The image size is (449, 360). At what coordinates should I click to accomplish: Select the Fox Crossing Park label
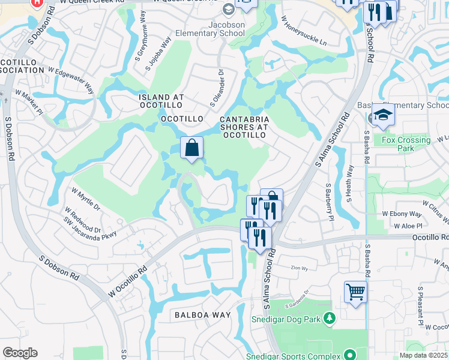point(406,144)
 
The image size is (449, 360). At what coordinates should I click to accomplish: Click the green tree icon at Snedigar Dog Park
point(328,317)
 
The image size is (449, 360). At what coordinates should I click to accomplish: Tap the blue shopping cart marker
point(355,292)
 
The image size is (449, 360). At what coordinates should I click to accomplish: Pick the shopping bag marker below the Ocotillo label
point(191,148)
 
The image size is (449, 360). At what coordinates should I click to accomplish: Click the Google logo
point(20,352)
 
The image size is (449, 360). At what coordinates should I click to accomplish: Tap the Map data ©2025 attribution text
point(423,355)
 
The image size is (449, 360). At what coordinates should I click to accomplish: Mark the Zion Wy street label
point(295,268)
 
